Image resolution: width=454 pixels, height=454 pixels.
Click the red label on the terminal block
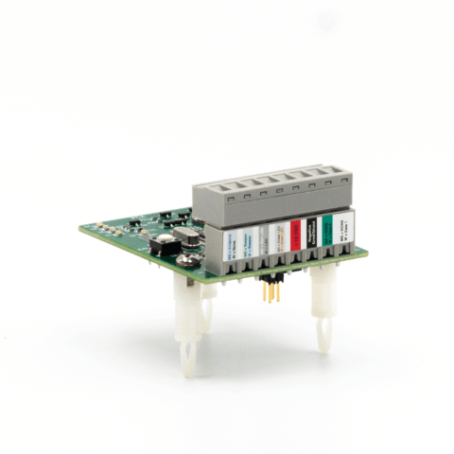coord(295,233)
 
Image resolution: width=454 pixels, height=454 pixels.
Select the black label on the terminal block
coord(311,231)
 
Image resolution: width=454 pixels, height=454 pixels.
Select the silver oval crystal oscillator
coord(184,235)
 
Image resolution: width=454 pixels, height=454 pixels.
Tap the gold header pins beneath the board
coord(272,291)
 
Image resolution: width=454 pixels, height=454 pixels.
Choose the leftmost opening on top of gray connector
coord(210,188)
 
